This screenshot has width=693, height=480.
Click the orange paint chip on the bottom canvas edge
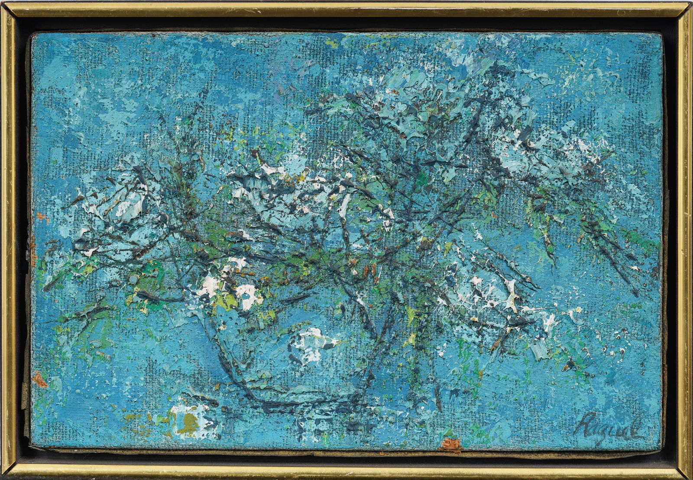(448, 444)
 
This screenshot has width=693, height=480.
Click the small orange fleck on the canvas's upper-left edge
(40, 215)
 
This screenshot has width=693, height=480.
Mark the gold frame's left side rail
(8, 240)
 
